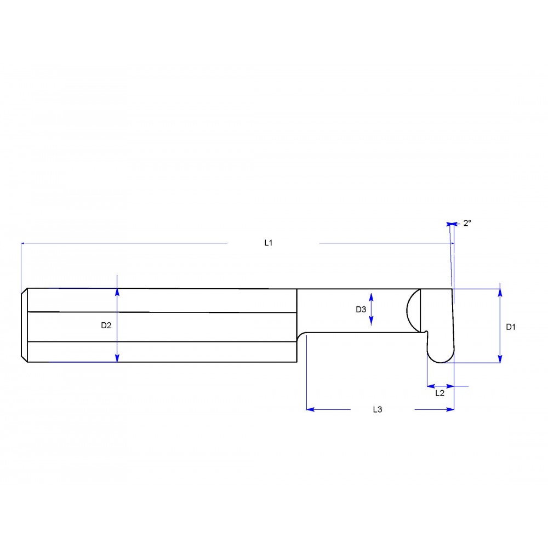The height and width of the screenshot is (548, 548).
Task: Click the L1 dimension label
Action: click(x=269, y=242)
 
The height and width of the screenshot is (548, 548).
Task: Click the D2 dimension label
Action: click(x=106, y=325)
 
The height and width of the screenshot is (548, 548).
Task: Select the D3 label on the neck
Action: click(x=361, y=309)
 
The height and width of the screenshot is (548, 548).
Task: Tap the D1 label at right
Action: click(x=510, y=327)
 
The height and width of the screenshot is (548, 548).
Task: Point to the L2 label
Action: click(x=439, y=393)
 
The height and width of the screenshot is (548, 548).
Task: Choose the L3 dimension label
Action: click(x=377, y=409)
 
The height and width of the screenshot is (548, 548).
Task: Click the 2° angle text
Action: click(x=467, y=223)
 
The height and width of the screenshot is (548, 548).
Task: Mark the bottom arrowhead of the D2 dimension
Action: click(x=117, y=358)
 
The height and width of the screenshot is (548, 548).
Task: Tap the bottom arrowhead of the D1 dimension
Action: click(x=500, y=359)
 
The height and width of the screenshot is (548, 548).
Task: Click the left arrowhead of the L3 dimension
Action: click(x=310, y=409)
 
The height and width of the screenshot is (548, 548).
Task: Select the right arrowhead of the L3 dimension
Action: click(x=450, y=409)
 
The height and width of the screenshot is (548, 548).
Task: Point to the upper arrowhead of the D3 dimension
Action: click(x=372, y=296)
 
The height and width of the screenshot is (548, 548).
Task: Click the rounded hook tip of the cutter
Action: click(x=441, y=356)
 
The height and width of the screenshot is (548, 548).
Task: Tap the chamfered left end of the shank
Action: click(x=24, y=325)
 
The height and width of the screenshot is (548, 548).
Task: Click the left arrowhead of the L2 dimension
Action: click(x=430, y=386)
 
